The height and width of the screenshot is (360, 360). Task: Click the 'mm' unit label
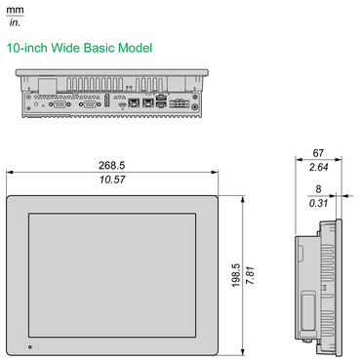point(14,8)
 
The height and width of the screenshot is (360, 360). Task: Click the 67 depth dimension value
point(318,153)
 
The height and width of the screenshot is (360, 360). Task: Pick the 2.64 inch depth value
point(318,167)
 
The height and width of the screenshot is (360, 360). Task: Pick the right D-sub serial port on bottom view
point(90,101)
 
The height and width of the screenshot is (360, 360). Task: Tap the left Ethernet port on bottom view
point(132,100)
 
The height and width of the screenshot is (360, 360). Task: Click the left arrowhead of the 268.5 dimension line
point(10,174)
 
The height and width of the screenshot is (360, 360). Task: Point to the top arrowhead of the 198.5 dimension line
point(243,196)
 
